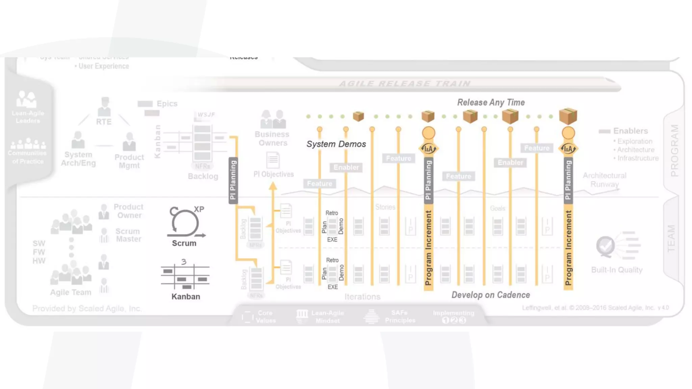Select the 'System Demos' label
coord(336,144)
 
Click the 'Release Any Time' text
coord(491,103)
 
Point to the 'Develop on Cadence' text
coord(491,295)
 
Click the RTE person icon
coord(104,106)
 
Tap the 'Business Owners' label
coord(272,138)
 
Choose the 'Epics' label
coord(167,104)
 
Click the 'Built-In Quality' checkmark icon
coord(605,246)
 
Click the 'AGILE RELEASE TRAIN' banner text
coord(404,84)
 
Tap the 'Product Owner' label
coord(128,211)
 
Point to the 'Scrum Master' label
coord(128,235)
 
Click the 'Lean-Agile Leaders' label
coord(28,117)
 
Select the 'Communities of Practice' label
coord(27,157)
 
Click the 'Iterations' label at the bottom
coord(362,297)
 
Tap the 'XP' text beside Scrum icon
coord(199,209)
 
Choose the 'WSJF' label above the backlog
coord(206,115)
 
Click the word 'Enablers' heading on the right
coord(631,131)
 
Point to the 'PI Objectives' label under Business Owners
coord(274,174)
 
